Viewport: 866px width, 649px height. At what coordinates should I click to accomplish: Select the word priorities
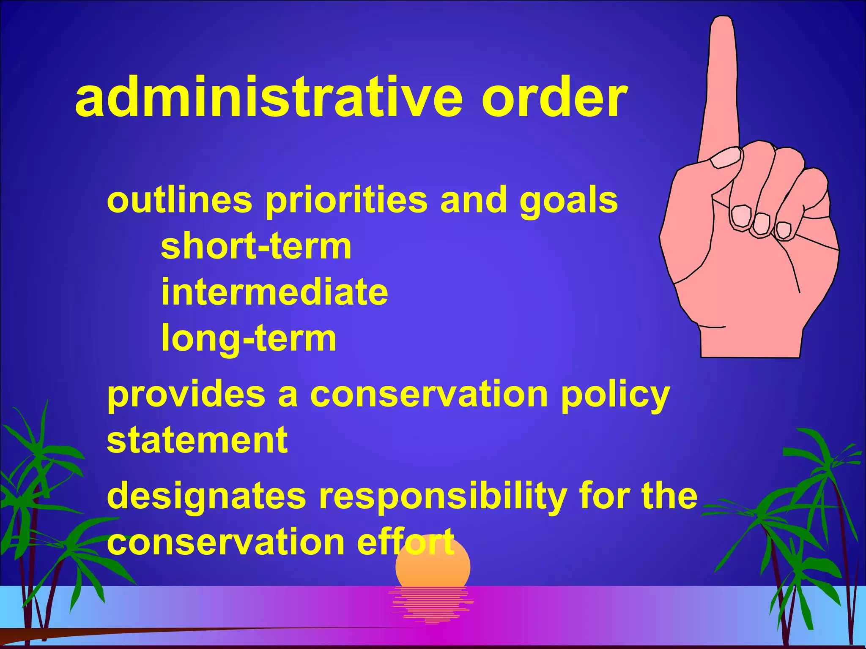pos(346,201)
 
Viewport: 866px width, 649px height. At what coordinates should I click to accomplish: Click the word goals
pos(569,201)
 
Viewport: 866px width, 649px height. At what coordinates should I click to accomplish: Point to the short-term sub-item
pos(256,247)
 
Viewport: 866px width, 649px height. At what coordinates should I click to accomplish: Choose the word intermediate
pos(274,292)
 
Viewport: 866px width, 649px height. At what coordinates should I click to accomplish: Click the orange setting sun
pos(433,568)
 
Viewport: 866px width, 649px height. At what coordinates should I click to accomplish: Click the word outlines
pos(179,201)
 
